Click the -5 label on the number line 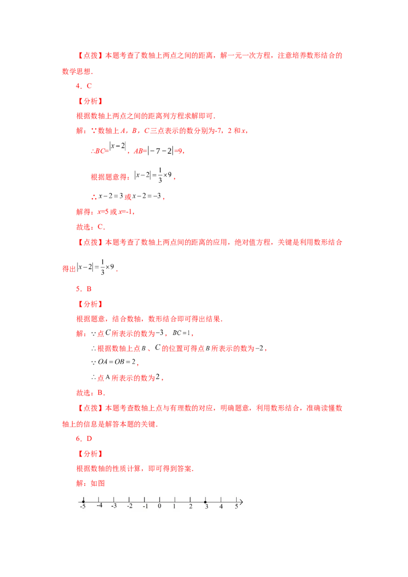[x=83, y=507]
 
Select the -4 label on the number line [x=99, y=506]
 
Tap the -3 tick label [x=114, y=506]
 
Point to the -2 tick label [x=130, y=506]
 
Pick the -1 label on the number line [x=145, y=506]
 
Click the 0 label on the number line [x=159, y=506]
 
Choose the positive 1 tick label [x=174, y=506]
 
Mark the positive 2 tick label [x=190, y=506]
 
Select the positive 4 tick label [x=221, y=506]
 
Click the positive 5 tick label [x=236, y=506]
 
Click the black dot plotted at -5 [x=83, y=502]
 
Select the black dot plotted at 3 [x=205, y=502]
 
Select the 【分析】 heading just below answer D [x=90, y=453]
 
